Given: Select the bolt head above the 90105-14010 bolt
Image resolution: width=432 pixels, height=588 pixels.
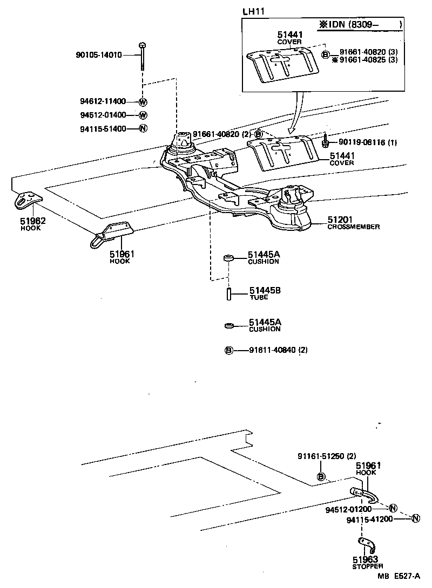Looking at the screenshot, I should point(141,45).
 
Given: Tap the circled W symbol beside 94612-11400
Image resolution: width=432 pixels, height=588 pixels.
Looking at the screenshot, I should point(143,102).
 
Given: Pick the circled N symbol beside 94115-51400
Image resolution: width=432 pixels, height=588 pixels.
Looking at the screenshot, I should point(143,128).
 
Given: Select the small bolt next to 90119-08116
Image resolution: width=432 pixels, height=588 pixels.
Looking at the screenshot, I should point(326,142).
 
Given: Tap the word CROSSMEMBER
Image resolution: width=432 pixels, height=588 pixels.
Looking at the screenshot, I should point(353,227).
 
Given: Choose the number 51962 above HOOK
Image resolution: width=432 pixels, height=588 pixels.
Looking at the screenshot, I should point(32,221).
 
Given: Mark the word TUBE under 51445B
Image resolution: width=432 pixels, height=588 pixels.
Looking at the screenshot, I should point(259,298).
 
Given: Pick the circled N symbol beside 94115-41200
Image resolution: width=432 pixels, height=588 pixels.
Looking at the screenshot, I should point(415,519).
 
